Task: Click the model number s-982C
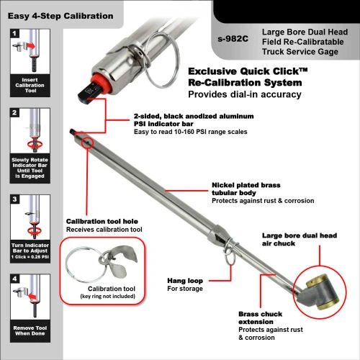[x=233, y=39]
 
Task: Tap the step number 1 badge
[x=14, y=33]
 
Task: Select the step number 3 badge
[x=14, y=199]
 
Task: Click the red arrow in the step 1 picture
[x=31, y=45]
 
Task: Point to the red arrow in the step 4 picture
[x=32, y=297]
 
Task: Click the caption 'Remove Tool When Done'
[x=30, y=330]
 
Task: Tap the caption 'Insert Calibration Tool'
[x=30, y=85]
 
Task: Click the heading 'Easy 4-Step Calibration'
[x=60, y=16]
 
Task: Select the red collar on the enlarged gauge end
[x=102, y=81]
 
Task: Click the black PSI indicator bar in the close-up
[x=89, y=94]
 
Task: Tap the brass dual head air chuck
[x=320, y=292]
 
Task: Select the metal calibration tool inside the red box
[x=119, y=261]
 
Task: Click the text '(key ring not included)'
[x=108, y=297]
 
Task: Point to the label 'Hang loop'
[x=185, y=281]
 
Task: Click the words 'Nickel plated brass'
[x=246, y=185]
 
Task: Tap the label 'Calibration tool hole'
[x=102, y=221]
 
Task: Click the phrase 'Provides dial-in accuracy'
[x=245, y=94]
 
